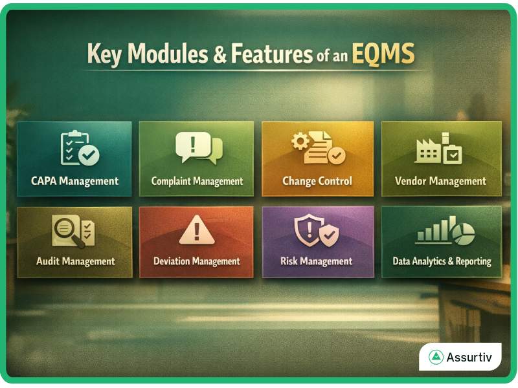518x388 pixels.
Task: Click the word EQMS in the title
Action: pos(383,55)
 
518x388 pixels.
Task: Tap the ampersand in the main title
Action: pos(220,55)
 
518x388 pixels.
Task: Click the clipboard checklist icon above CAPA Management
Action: pos(79,149)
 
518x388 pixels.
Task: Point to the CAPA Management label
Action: pos(74,181)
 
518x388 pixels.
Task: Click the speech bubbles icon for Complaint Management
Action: pos(198,148)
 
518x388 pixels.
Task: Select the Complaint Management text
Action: pos(197,181)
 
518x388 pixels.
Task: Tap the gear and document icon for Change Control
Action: pos(318,148)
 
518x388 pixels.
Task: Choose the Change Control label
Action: pos(317,181)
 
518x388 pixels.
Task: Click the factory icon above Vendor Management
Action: pos(438,149)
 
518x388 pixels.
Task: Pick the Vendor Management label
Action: pos(440,181)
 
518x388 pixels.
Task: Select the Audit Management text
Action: pos(75,261)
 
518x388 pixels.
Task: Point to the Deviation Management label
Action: pos(196,261)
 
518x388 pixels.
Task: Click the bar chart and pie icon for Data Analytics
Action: pos(445,231)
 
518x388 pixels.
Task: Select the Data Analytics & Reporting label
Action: pos(442,262)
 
